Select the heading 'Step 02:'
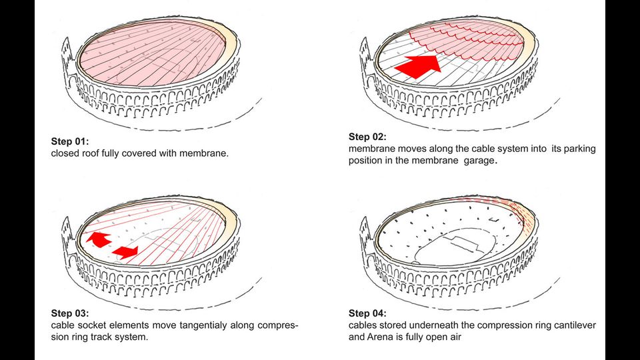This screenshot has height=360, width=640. pos(367,137)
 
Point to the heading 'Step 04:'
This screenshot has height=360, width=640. pos(367,313)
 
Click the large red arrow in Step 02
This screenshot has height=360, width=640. pos(417,67)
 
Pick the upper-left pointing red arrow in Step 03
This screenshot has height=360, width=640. pos(98,239)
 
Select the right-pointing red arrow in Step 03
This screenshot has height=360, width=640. pos(125,251)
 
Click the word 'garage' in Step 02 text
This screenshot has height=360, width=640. pos(478,161)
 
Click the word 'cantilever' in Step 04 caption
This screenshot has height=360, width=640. pos(573,325)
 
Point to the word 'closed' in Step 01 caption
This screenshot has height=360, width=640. pos(65,154)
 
